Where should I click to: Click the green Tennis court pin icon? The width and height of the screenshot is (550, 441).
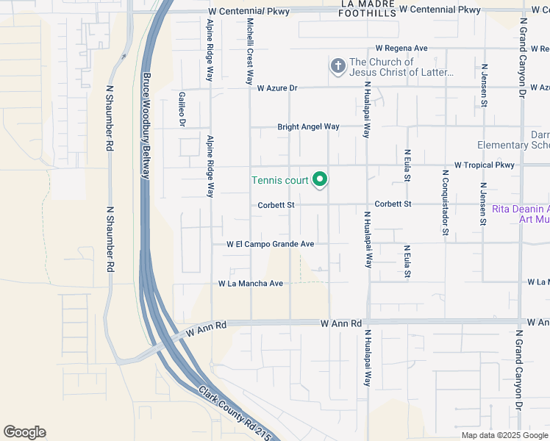click(320, 179)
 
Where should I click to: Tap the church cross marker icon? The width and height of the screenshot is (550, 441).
click(337, 68)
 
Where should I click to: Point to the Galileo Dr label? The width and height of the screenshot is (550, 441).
click(182, 109)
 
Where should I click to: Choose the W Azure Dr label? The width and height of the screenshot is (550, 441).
click(277, 88)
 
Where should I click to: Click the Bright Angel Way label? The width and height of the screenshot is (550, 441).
click(308, 127)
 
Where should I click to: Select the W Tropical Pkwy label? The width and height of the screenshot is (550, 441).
click(484, 165)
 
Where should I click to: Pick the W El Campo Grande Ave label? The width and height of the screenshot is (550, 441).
click(271, 244)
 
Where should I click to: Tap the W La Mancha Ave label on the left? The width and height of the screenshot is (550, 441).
click(251, 283)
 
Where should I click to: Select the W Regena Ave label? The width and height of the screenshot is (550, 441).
click(401, 48)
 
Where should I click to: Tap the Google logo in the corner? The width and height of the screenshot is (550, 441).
click(24, 432)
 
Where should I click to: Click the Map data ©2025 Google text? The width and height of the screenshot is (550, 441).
click(504, 435)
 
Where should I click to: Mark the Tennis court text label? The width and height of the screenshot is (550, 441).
click(279, 180)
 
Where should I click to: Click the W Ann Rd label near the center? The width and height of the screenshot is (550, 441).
click(342, 323)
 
